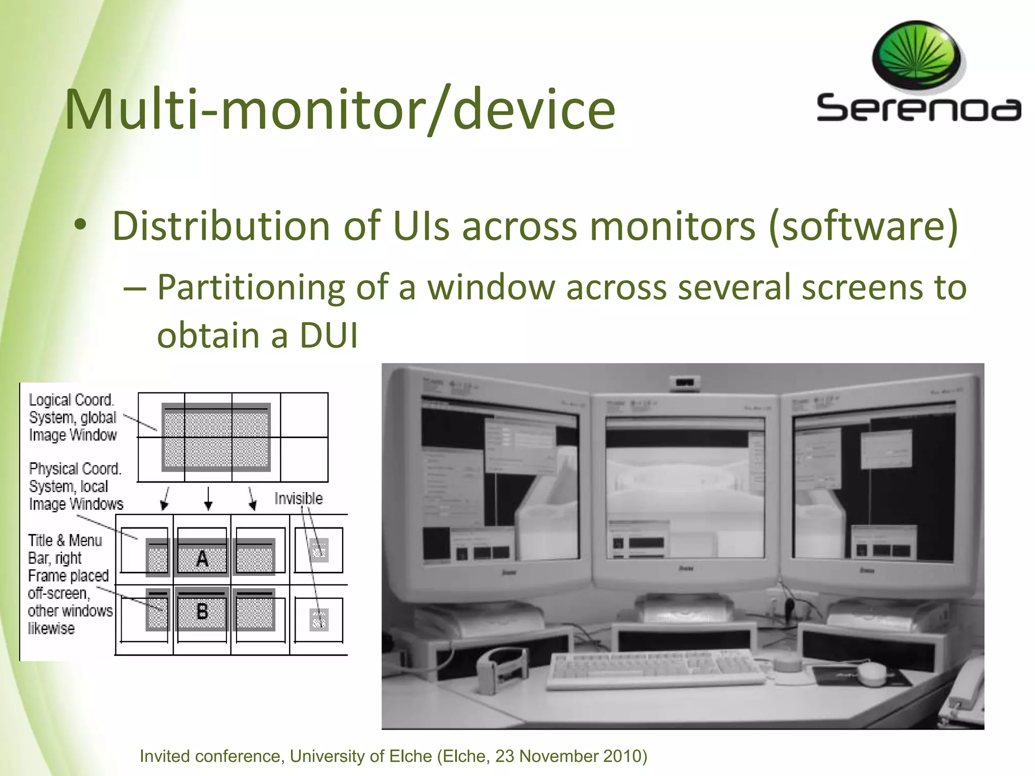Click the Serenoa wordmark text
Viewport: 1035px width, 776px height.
coord(918,108)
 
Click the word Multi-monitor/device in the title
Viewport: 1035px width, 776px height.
coord(340,110)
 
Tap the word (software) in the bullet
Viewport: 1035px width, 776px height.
coord(863,226)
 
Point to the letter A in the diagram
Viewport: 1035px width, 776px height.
coord(202,559)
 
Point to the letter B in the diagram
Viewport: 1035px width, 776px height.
coord(202,612)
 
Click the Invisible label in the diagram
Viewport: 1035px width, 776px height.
coord(298,499)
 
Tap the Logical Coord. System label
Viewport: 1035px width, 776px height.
coord(72,417)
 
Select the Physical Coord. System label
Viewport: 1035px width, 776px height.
coord(75,486)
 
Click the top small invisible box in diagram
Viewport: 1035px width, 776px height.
coord(319,550)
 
